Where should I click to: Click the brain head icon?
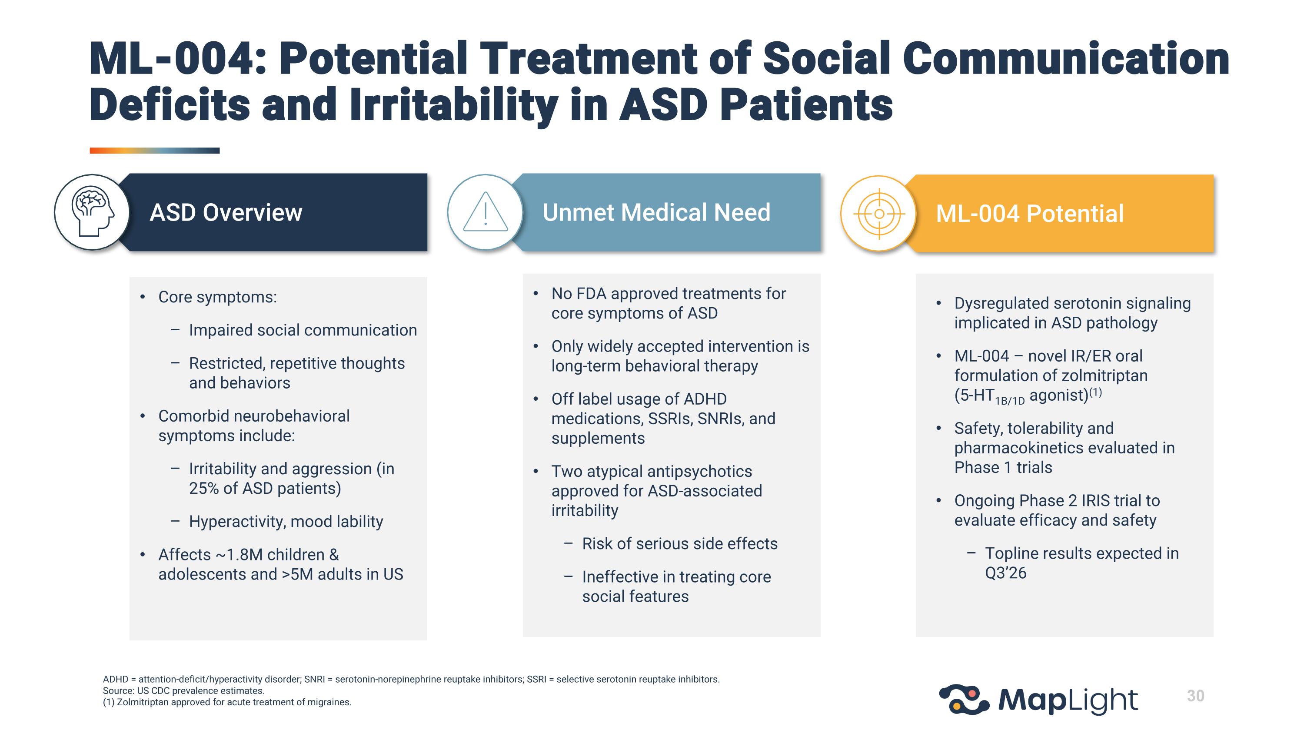pos(92,212)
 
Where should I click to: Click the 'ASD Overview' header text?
pos(226,213)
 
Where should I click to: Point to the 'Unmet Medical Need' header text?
pos(656,212)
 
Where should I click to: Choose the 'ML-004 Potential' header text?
pos(1029,214)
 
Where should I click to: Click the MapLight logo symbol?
pos(963,700)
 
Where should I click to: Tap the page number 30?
pos(1195,696)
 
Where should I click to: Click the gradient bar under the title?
pos(154,151)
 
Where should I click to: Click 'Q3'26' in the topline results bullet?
pos(1005,573)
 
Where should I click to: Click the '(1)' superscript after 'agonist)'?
pos(1095,392)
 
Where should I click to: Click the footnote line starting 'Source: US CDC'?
pos(184,691)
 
